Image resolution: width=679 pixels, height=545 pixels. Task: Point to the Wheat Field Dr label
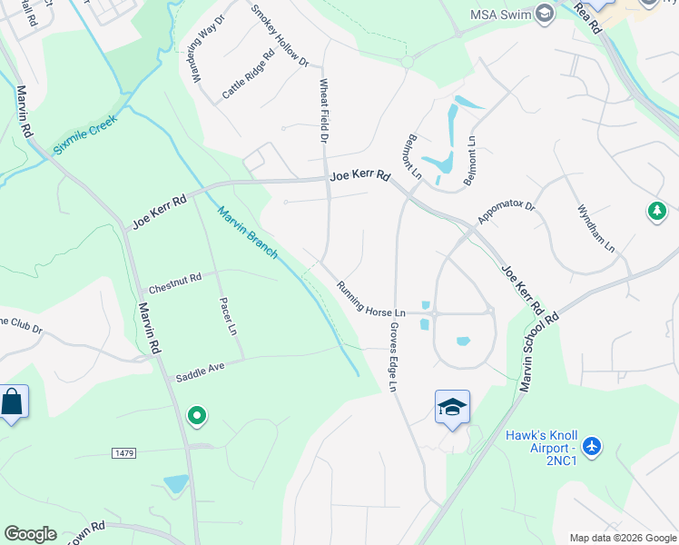322,111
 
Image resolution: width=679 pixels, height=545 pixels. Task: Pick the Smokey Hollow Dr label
280,37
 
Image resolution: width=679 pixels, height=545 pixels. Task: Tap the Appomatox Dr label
507,213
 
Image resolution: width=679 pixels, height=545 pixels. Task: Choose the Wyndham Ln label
596,229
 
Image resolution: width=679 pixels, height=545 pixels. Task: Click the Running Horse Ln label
370,299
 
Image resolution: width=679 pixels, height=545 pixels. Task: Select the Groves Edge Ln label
393,356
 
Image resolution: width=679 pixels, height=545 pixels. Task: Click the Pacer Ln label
228,314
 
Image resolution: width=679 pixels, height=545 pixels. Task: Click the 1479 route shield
124,452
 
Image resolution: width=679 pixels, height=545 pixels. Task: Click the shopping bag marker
13,401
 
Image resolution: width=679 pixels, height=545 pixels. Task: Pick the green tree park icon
656,212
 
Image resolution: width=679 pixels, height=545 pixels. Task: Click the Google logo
30,534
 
